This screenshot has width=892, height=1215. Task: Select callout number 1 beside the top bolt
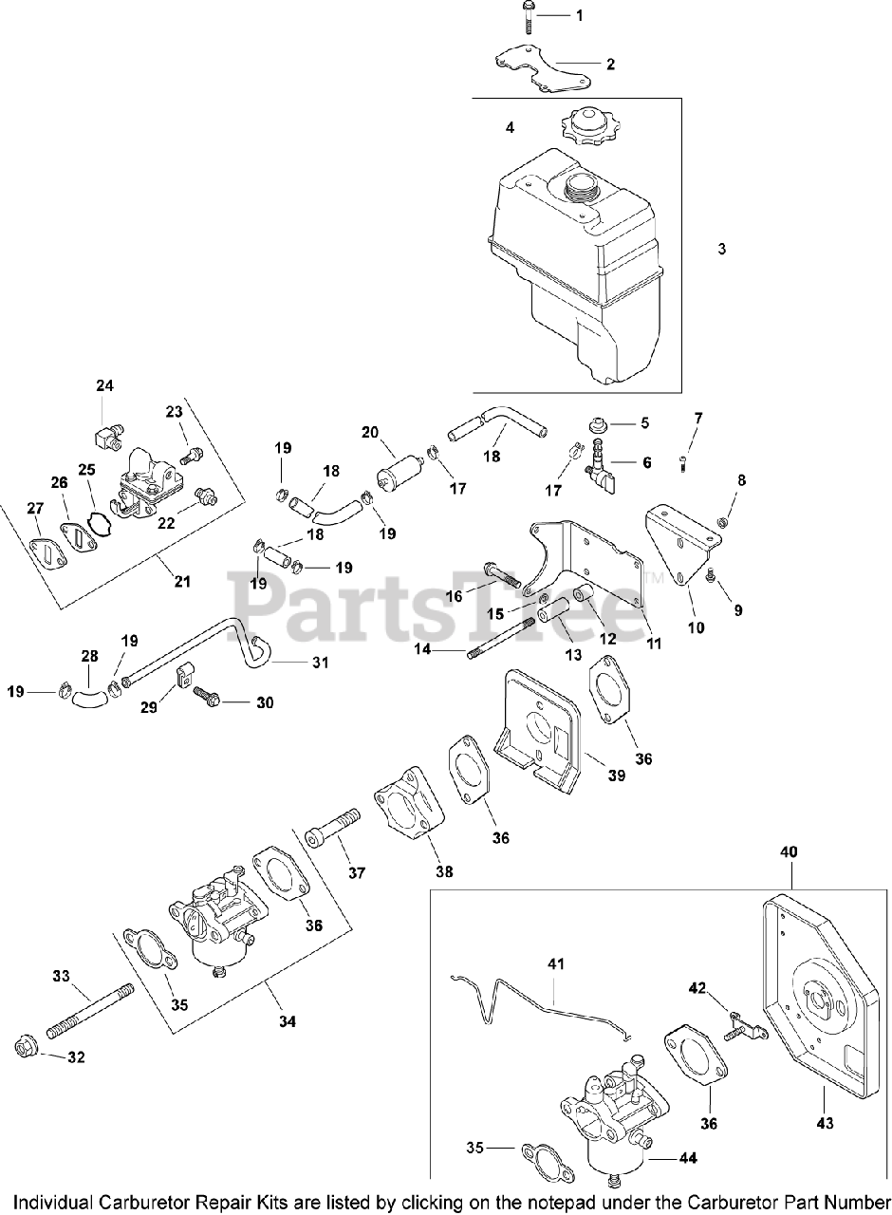tap(580, 15)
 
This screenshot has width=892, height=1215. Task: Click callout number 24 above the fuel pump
tap(104, 385)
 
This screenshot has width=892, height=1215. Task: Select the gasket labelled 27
tap(45, 553)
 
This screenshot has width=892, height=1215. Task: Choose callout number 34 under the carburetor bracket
tap(288, 1021)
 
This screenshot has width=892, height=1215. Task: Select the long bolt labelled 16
tap(502, 575)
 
